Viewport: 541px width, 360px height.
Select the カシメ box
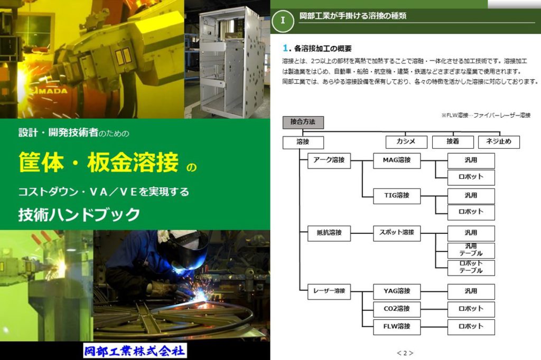tap(406, 142)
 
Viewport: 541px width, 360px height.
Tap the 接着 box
tap(453, 142)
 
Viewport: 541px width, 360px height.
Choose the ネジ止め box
tap(499, 142)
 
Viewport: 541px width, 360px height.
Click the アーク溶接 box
tap(329, 160)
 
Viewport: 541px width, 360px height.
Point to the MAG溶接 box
tap(397, 160)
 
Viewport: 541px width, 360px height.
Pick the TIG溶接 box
tap(397, 195)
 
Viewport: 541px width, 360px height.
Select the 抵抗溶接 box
tap(329, 233)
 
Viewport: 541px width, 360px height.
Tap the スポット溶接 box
tap(397, 233)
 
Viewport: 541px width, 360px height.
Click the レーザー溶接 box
tap(329, 291)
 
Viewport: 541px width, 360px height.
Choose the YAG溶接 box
tap(397, 291)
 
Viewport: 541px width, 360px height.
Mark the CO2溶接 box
tap(397, 309)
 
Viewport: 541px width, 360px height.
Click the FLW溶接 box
tap(397, 326)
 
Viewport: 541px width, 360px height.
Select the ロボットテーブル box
tap(471, 268)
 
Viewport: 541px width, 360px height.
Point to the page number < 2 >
tap(405, 353)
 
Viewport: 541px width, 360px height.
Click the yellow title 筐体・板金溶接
tap(99, 163)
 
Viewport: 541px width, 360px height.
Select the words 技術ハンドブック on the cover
tap(79, 214)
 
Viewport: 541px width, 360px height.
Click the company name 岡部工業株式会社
tap(135, 350)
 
